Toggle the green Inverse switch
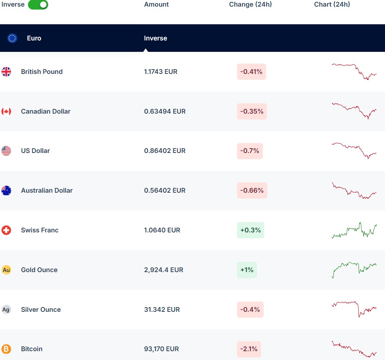(x=38, y=5)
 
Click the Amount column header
(x=156, y=4)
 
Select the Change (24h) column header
(x=250, y=4)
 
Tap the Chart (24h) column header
(x=332, y=4)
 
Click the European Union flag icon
(x=12, y=38)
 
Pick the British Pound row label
(x=42, y=72)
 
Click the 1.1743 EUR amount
(x=160, y=72)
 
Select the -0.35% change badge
(x=252, y=111)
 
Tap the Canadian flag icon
(x=6, y=111)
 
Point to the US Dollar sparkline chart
(x=354, y=150)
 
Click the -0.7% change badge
(x=250, y=151)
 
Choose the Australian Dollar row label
(x=47, y=190)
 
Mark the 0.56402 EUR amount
(x=165, y=190)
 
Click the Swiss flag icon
(x=6, y=230)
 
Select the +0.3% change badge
(x=250, y=230)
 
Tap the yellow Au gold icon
(x=6, y=270)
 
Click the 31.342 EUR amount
(x=162, y=310)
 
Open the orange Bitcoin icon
(x=6, y=349)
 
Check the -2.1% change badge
(x=249, y=349)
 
